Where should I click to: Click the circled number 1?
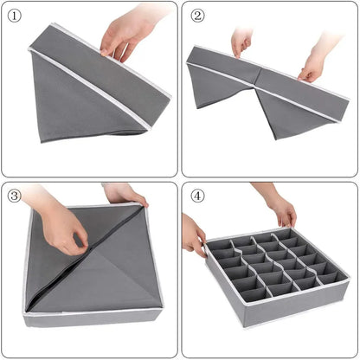click(x=16, y=16)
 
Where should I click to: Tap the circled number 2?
click(x=198, y=16)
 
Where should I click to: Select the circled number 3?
click(x=16, y=196)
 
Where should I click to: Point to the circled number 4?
click(x=198, y=196)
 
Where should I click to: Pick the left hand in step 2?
click(x=241, y=40)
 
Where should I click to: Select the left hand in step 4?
click(x=192, y=235)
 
